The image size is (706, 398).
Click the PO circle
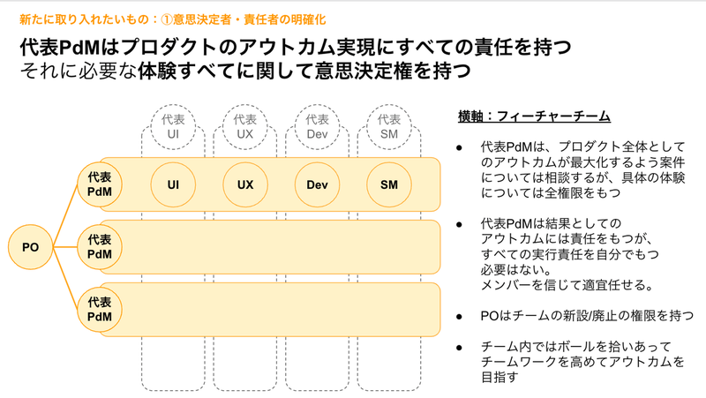[x=31, y=247]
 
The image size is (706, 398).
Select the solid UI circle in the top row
[x=173, y=184]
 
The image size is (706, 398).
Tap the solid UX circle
[x=245, y=184]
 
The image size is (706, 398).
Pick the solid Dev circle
[x=317, y=184]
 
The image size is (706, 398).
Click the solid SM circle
[x=389, y=184]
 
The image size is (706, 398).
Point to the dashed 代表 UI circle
[x=173, y=127]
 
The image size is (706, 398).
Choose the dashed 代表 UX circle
[x=245, y=127]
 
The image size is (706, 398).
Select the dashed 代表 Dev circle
[x=317, y=127]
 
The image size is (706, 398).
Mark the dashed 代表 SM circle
[x=389, y=127]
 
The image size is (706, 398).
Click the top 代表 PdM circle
[x=100, y=184]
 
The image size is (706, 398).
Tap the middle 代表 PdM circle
[x=100, y=247]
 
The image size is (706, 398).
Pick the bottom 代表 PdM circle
[x=100, y=310]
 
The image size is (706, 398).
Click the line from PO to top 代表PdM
[x=65, y=215]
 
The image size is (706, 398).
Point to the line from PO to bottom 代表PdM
[x=65, y=279]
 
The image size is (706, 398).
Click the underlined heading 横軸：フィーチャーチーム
[x=534, y=116]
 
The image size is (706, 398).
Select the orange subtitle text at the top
[x=172, y=19]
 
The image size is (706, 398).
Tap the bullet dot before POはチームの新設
[x=459, y=317]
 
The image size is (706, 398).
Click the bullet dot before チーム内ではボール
[x=459, y=347]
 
